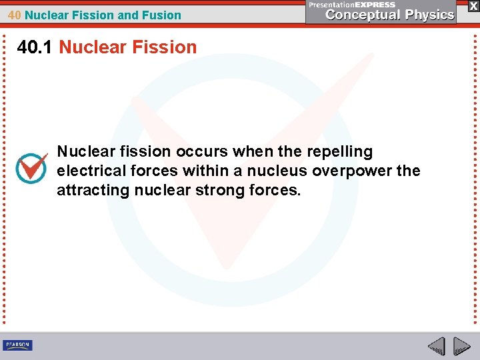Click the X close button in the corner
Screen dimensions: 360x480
(473, 5)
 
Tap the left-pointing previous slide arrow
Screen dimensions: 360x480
(436, 346)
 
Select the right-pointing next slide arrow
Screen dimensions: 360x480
(461, 346)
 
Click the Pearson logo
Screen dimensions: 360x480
(17, 345)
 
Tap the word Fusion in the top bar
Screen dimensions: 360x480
(163, 15)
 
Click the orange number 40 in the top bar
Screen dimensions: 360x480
(15, 15)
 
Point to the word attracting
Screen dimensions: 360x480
(93, 191)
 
